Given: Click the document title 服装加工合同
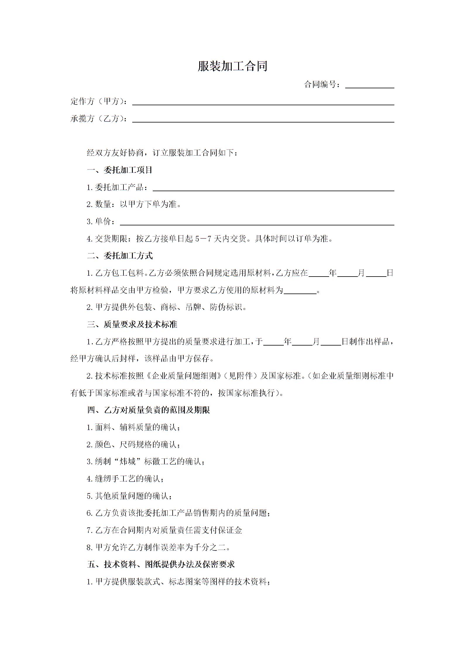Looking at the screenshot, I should click(232, 66).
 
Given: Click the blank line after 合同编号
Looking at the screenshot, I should click(370, 85).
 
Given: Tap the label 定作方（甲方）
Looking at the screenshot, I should click(99, 101).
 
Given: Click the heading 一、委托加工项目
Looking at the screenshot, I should click(120, 170).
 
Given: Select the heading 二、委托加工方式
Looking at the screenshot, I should click(120, 256).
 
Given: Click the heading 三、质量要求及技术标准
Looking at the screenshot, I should click(132, 324).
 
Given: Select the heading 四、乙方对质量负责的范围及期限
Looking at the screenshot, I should click(148, 410).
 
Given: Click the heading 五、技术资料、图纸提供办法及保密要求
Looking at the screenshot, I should click(161, 564).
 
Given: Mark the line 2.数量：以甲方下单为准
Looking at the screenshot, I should click(134, 204).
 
